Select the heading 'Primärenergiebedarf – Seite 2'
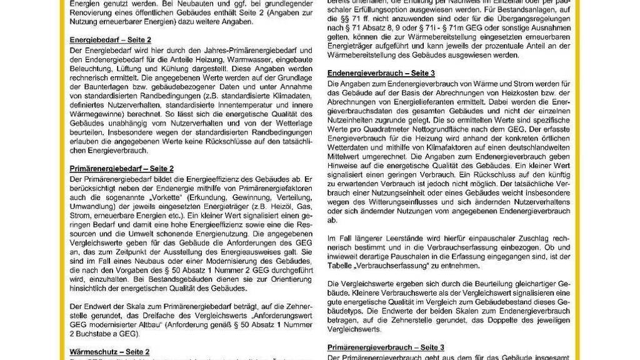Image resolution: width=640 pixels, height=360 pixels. coord(121,169)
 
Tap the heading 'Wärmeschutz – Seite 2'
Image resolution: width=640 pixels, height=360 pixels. coord(109,352)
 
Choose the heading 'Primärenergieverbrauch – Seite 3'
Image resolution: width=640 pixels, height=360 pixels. coord(386,347)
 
